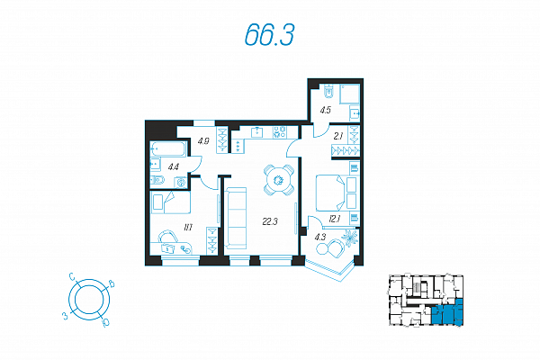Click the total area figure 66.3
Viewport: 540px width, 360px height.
(269, 35)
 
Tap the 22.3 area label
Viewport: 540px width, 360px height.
(270, 221)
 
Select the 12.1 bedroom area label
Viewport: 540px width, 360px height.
(335, 219)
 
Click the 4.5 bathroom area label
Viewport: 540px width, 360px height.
(326, 110)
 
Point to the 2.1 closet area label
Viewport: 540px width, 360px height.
(338, 136)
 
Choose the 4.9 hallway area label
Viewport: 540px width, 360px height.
(203, 141)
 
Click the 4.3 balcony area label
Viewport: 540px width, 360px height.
(319, 237)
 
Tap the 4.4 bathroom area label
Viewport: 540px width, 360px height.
(173, 167)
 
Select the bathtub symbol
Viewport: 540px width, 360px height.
(168, 149)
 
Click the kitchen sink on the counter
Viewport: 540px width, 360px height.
(256, 132)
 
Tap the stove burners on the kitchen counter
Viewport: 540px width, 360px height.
(279, 132)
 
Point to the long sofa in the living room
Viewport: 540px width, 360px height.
(236, 218)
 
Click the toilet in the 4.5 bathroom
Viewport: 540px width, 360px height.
(329, 91)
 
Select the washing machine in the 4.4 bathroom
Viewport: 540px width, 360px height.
(181, 182)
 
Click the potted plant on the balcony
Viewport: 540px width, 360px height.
(350, 238)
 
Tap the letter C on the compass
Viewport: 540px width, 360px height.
(72, 276)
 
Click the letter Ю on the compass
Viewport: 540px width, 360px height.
(105, 323)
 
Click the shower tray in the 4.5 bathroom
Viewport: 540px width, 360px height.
(350, 94)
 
